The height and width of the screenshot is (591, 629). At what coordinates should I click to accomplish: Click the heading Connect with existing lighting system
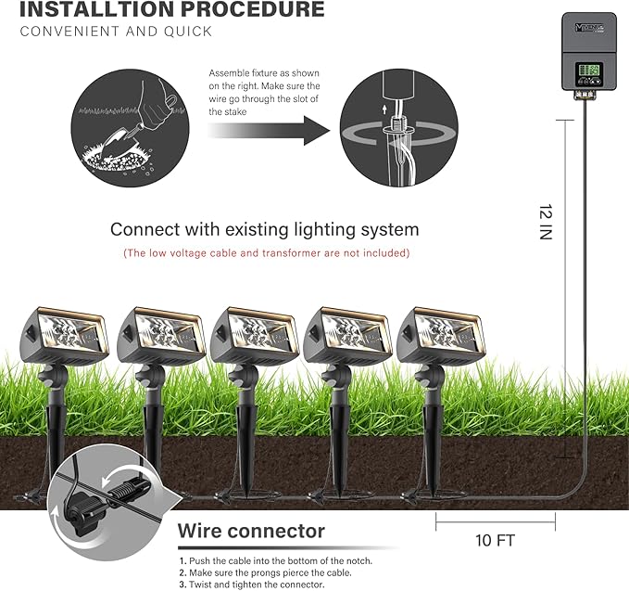point(264,229)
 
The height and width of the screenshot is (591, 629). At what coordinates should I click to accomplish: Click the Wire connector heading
point(251,532)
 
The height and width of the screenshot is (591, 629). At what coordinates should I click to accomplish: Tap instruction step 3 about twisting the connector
point(251,585)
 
